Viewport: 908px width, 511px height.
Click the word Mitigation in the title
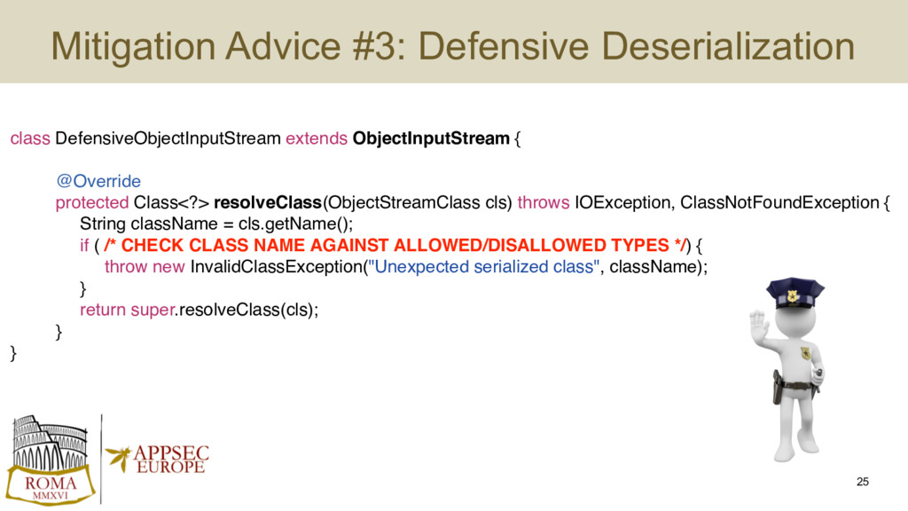134,46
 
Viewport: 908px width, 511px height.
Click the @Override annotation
98,181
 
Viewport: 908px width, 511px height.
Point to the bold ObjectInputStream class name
431,138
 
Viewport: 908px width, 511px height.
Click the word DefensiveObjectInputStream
168,138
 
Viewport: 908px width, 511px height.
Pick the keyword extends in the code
317,138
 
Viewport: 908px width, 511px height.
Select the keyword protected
92,203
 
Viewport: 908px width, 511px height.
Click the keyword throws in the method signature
544,203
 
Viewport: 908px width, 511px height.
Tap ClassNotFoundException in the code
779,203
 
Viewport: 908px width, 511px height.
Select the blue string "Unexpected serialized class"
483,267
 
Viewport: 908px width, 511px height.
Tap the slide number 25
862,482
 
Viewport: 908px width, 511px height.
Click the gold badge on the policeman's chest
805,353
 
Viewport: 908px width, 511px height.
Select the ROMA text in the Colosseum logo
51,483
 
